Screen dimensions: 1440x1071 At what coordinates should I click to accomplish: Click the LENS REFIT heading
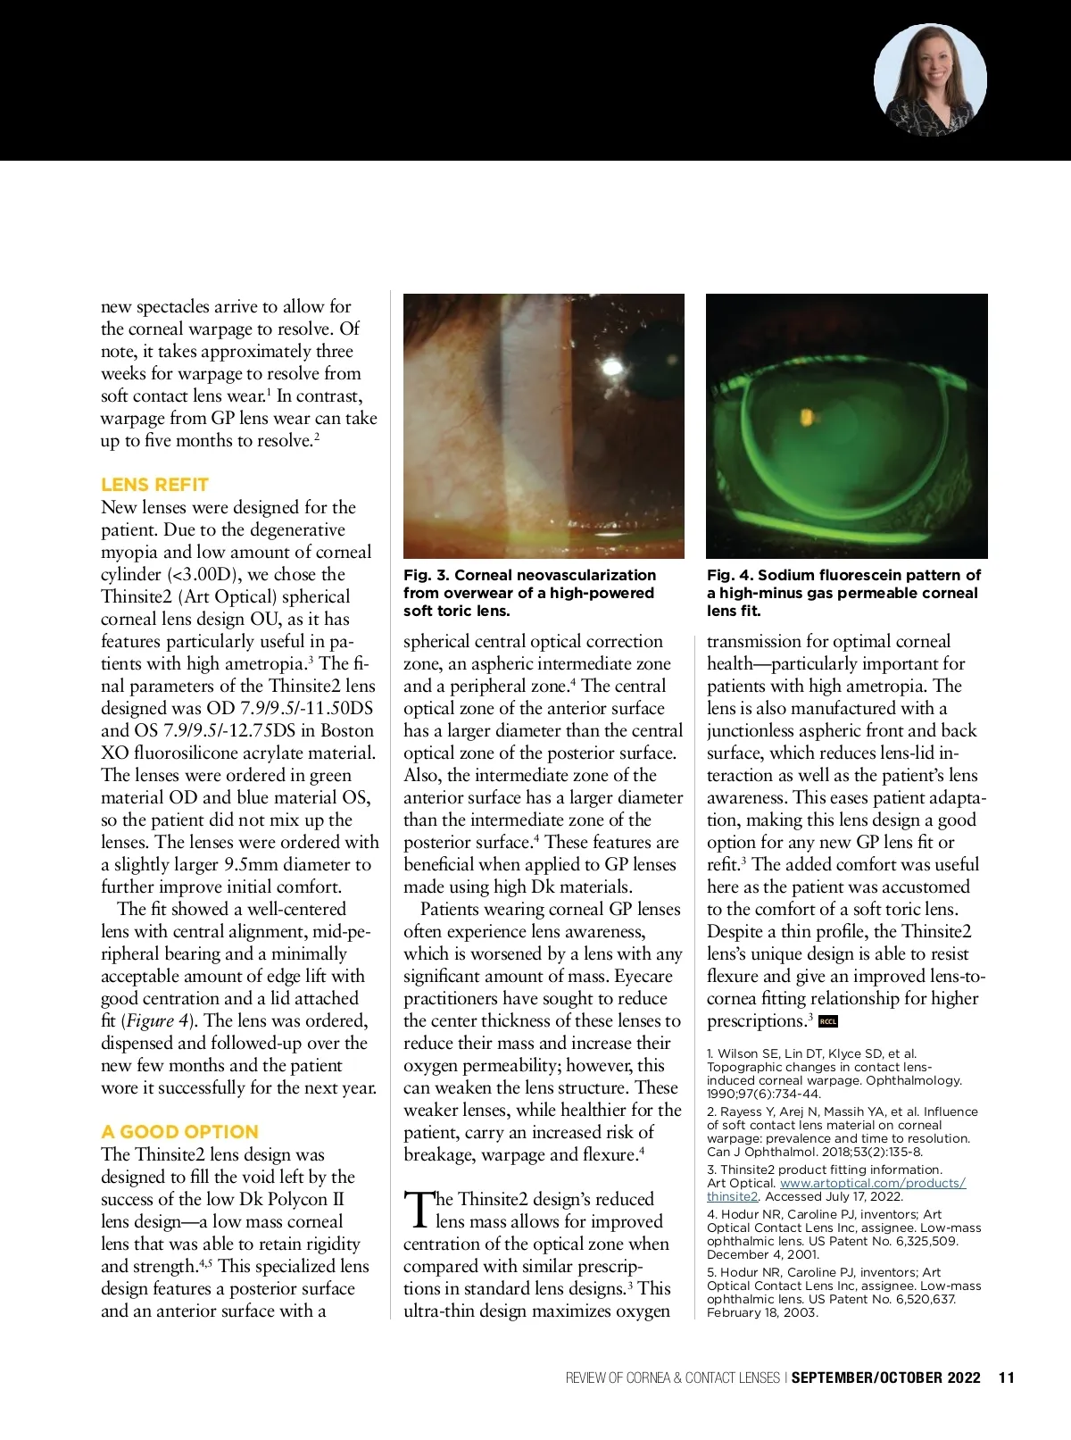[x=154, y=485]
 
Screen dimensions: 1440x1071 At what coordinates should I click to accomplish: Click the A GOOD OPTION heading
[x=179, y=1132]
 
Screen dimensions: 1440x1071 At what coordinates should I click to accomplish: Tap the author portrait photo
[x=930, y=80]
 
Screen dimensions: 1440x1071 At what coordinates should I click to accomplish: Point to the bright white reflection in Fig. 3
[x=611, y=366]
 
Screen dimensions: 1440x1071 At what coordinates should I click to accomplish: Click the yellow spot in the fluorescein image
[x=806, y=417]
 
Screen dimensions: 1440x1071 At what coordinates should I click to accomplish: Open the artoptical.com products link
[x=872, y=1184]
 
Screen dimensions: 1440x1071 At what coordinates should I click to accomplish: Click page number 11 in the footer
[x=1007, y=1378]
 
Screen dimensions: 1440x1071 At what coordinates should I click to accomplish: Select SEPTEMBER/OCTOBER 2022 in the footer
[x=885, y=1378]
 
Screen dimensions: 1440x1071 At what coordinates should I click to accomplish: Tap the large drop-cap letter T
[x=418, y=1209]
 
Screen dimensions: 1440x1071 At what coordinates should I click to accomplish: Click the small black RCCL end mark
[x=827, y=1021]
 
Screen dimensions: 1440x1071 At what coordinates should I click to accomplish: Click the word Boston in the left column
[x=347, y=731]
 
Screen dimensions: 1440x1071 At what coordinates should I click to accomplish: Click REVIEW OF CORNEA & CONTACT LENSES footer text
[x=672, y=1378]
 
